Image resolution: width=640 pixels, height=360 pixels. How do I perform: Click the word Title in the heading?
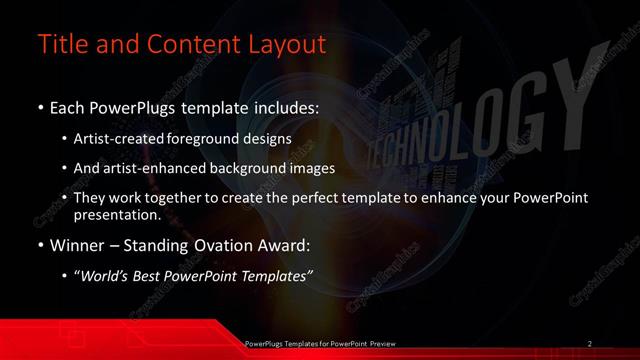(61, 45)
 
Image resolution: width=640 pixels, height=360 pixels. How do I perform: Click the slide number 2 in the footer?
(589, 343)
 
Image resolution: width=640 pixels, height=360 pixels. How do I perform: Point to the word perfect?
(322, 198)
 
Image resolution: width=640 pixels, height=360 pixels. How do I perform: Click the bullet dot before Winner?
(39, 243)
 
